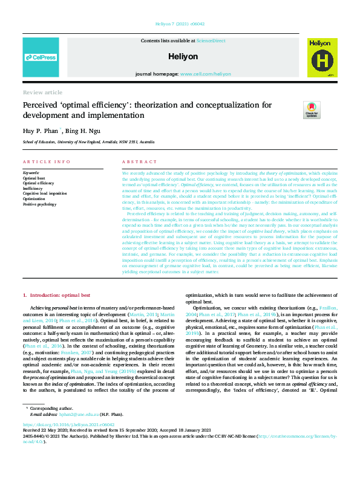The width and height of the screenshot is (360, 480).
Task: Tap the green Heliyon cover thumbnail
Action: pyautogui.click(x=320, y=57)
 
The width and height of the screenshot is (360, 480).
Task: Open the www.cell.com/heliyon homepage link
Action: pyautogui.click(x=205, y=74)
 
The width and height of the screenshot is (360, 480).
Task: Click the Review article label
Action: pyautogui.click(x=42, y=92)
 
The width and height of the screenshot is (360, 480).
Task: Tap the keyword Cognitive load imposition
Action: pyautogui.click(x=45, y=193)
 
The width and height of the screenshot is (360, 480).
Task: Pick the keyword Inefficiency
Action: pyautogui.click(x=34, y=188)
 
